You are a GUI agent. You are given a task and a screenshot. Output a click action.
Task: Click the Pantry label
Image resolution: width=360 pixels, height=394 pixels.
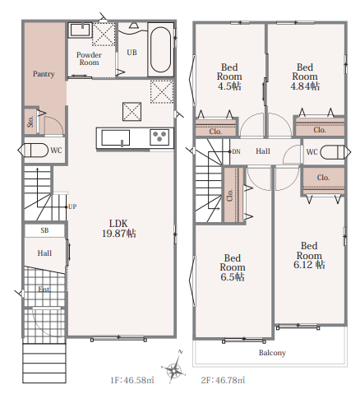coord(44,74)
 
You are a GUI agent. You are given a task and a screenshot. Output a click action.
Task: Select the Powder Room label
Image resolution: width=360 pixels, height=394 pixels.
coord(89,58)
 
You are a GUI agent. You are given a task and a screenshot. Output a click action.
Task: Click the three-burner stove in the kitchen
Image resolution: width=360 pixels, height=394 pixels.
coord(159,137)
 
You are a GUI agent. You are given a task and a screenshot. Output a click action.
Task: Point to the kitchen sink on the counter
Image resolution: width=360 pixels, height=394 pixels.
coord(115,137)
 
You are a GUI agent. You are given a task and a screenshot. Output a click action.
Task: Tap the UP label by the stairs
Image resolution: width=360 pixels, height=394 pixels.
coord(72,206)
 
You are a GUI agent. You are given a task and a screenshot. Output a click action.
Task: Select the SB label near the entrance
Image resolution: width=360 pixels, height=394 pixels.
coord(44,230)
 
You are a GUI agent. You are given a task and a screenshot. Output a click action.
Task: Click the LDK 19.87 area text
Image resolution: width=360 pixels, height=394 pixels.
coord(119,229)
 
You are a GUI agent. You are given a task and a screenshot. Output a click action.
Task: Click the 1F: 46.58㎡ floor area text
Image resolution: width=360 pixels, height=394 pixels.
coord(132,380)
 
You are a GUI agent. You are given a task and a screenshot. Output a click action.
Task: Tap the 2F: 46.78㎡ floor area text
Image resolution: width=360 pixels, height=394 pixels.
coord(223,380)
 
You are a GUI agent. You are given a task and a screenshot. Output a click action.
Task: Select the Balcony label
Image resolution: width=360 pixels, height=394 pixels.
coord(272,353)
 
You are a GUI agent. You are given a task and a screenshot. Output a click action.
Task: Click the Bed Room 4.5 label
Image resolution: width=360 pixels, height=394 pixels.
coord(229,76)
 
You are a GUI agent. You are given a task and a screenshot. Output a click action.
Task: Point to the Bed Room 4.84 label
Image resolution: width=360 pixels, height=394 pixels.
coord(305,76)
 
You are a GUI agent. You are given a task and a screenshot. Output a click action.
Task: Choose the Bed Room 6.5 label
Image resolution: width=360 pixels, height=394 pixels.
coord(233,267)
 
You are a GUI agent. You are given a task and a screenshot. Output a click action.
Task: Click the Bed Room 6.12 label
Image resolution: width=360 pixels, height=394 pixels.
coord(309,255)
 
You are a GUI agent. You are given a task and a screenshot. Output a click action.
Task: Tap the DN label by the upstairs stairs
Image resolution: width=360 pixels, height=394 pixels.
coord(236,151)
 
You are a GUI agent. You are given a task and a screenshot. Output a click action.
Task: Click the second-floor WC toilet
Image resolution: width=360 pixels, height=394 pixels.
coord(332,152)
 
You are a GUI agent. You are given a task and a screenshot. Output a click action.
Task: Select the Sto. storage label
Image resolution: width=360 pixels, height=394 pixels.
coord(30,122)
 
